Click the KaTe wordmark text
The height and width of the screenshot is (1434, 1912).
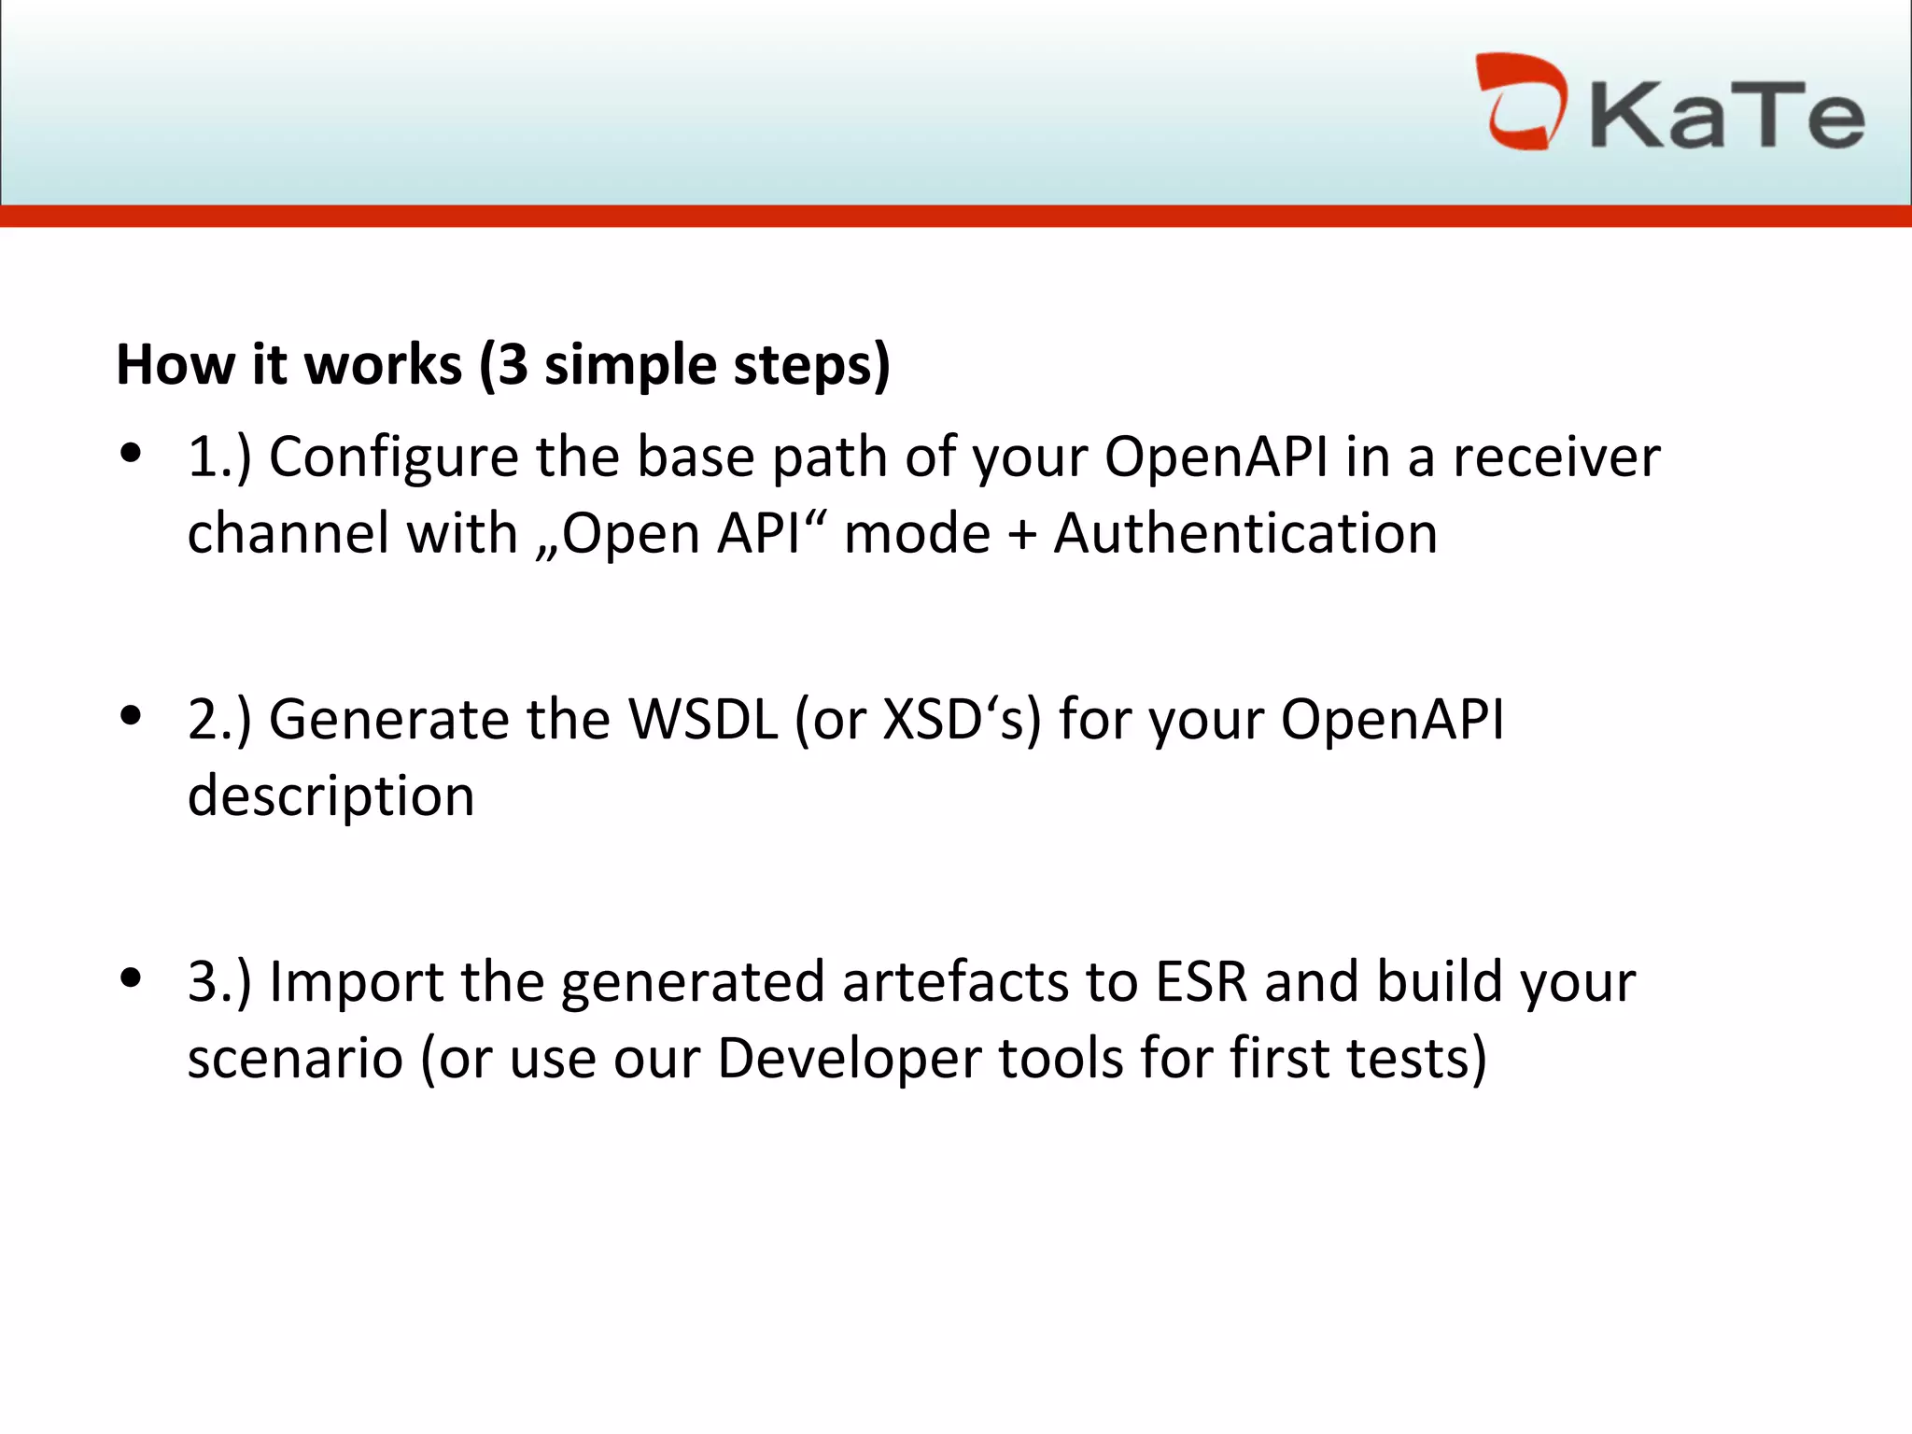coord(1727,116)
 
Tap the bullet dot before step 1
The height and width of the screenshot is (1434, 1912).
coord(131,454)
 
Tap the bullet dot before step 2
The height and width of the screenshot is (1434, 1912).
coord(131,716)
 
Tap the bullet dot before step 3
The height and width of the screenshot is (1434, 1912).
coord(131,978)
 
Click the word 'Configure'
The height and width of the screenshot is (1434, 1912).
coord(393,459)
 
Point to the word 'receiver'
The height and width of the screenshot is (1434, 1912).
coord(1556,457)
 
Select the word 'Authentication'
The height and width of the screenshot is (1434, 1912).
coord(1245,534)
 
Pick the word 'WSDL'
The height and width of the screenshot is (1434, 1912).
coord(703,720)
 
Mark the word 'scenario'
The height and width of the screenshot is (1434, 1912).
coord(295,1060)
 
